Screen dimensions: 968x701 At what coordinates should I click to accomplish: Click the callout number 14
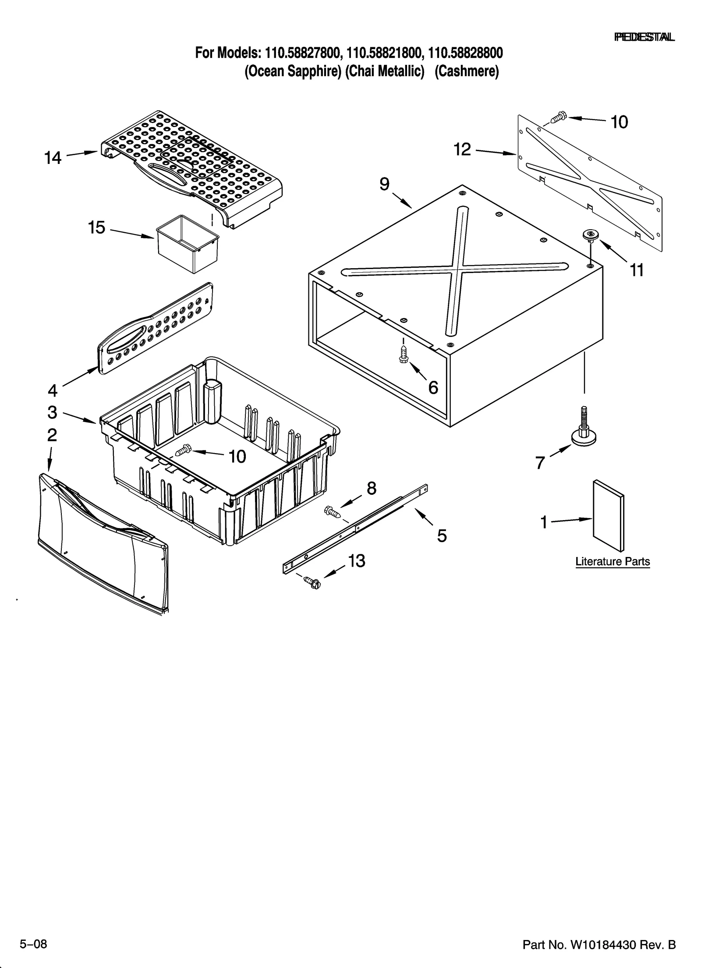tap(53, 158)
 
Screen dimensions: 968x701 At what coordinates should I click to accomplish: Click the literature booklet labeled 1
tap(609, 515)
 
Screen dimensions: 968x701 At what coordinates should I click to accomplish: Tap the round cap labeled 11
tap(589, 235)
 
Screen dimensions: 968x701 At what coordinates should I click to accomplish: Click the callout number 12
tap(462, 150)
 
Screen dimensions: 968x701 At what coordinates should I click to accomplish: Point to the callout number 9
tap(384, 184)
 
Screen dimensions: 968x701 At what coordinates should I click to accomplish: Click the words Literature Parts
tap(612, 561)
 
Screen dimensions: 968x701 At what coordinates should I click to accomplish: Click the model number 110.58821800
tap(384, 53)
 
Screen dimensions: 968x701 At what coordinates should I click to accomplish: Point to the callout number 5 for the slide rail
tap(442, 535)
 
